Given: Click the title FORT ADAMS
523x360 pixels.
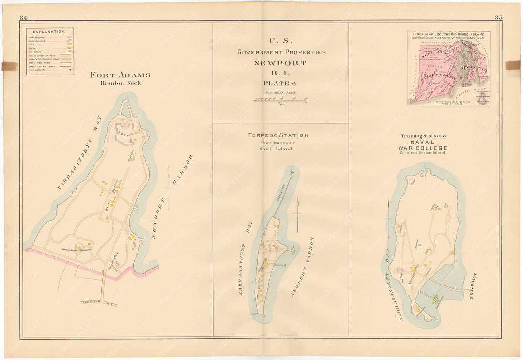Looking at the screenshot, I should click(120, 75).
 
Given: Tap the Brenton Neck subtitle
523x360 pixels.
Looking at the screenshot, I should click(120, 83).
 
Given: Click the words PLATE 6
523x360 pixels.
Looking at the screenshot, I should click(280, 83).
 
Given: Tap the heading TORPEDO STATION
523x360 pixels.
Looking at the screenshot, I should click(278, 135).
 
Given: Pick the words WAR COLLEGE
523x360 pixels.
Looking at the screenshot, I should click(422, 148).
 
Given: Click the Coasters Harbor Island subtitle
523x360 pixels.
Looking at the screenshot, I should click(423, 154).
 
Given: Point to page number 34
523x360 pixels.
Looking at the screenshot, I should click(24, 18).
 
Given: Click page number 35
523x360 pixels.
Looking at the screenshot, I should click(498, 18).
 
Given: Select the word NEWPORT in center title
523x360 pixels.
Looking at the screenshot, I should click(280, 63).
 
